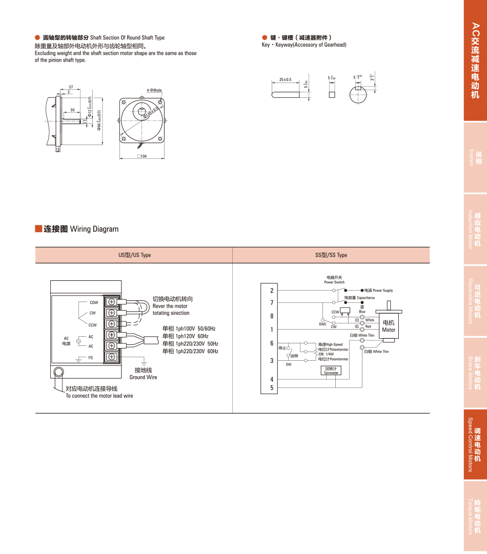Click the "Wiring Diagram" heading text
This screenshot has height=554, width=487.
tap(94, 229)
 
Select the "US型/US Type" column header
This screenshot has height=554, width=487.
tap(134, 255)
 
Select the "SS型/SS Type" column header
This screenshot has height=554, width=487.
tap(331, 255)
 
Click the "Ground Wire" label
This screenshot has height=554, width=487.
tap(144, 377)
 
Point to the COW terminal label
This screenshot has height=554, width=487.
tap(93, 302)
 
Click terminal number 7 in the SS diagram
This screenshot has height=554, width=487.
tap(272, 303)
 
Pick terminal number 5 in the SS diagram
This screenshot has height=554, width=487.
tap(272, 388)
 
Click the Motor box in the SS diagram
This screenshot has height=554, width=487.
tap(389, 326)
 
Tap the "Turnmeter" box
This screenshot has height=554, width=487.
tap(331, 371)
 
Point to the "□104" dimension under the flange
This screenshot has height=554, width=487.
tap(142, 156)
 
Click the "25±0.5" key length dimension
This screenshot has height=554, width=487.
tap(285, 79)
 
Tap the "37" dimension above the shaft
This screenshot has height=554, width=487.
tap(70, 87)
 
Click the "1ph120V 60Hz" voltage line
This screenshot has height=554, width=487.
tap(185, 336)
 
